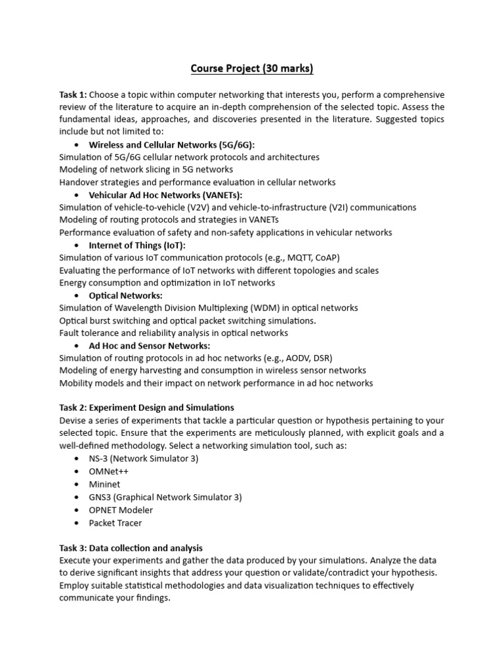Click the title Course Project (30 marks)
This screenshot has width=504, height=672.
click(x=251, y=68)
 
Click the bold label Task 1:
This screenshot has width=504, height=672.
click(x=73, y=94)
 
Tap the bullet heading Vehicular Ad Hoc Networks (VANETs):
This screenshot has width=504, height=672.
click(x=165, y=195)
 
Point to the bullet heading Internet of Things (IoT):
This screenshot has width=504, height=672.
click(x=137, y=245)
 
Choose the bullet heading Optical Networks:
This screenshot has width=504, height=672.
click(x=125, y=295)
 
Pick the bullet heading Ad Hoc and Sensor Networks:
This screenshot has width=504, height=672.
click(x=150, y=346)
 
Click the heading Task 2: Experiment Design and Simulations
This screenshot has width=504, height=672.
click(x=146, y=408)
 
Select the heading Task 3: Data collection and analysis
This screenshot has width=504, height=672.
click(x=131, y=548)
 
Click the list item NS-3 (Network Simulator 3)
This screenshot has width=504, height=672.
click(x=143, y=459)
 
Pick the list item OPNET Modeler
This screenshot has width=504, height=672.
click(x=121, y=510)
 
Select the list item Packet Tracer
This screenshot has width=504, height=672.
click(x=115, y=523)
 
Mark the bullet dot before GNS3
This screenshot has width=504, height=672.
click(x=77, y=497)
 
